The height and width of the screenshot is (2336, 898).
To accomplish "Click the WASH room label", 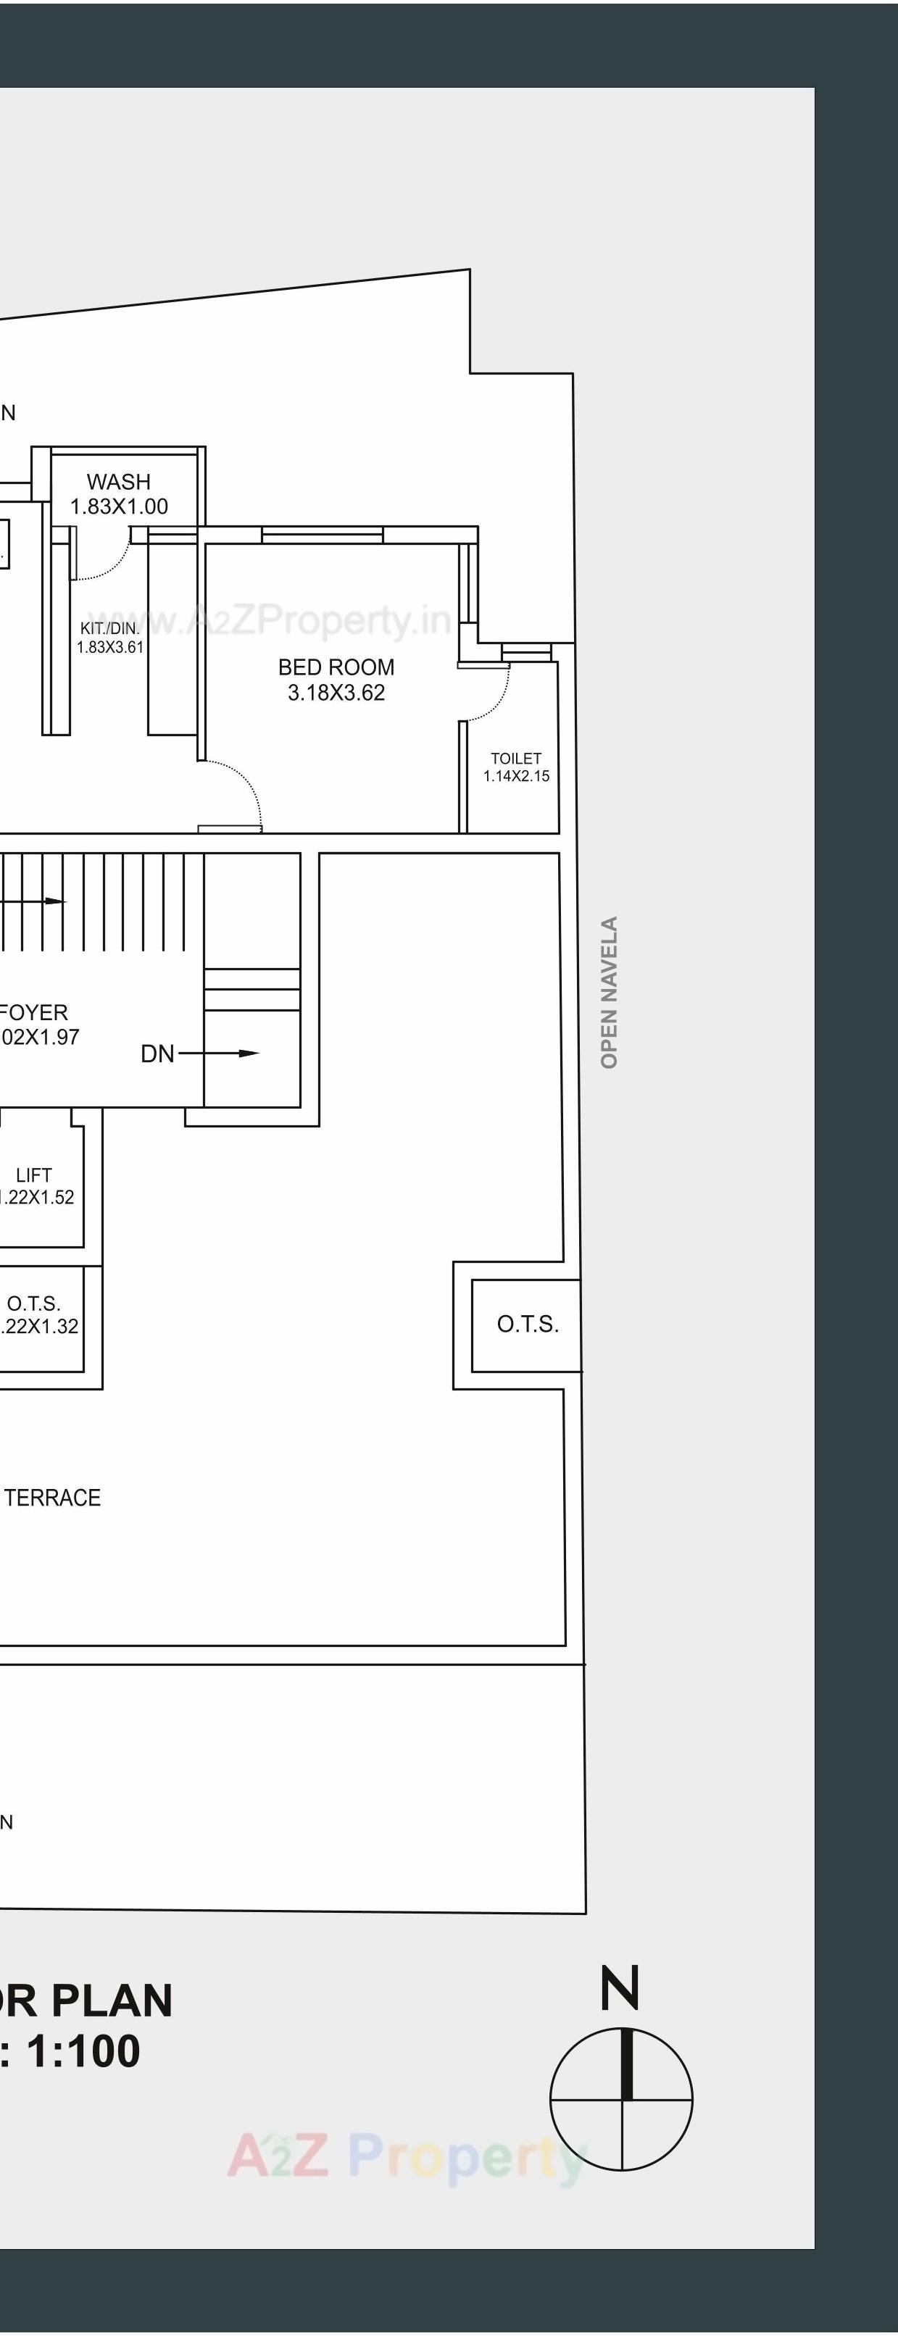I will pyautogui.click(x=119, y=482).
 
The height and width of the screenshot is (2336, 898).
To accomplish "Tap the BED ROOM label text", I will pyautogui.click(x=336, y=667).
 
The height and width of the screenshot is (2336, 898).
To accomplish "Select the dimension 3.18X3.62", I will pyautogui.click(x=336, y=693).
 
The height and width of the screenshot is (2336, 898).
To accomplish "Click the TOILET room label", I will pyautogui.click(x=516, y=758).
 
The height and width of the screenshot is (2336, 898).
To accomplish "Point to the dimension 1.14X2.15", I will pyautogui.click(x=516, y=776).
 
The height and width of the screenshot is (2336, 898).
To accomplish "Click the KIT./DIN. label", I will pyautogui.click(x=109, y=628).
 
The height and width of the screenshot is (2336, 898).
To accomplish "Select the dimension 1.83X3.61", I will pyautogui.click(x=109, y=648).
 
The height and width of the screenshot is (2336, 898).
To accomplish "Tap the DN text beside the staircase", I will pyautogui.click(x=157, y=1054).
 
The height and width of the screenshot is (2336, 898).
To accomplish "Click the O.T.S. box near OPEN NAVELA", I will pyautogui.click(x=527, y=1324).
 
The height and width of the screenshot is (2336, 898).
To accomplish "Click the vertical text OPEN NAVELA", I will pyautogui.click(x=609, y=992).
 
